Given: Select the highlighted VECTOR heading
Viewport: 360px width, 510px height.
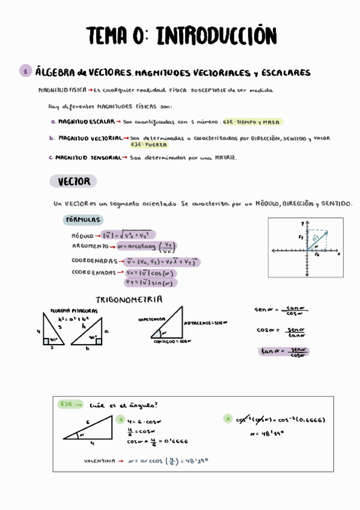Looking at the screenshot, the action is coord(73,181).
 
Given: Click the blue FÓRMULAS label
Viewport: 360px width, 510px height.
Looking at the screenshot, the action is coord(83,220).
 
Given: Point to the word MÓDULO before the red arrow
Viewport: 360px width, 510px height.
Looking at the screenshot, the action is coord(83,236).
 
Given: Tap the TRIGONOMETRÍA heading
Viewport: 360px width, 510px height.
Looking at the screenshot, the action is coord(129,299).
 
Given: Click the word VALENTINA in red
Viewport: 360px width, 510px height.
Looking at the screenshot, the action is coord(99,461).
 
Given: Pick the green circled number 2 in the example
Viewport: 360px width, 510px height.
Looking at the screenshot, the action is coord(227,419).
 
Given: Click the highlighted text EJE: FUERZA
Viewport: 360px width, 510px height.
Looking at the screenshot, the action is coord(150,145).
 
